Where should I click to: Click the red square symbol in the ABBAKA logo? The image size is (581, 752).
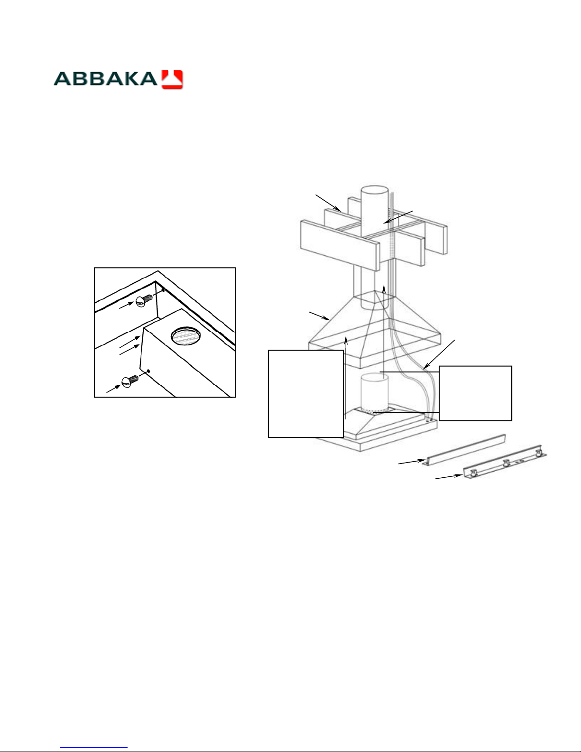coord(172,79)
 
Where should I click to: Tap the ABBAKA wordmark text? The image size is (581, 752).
coord(105,79)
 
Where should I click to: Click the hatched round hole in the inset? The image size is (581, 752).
coord(186,336)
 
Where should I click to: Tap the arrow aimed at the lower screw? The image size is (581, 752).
coord(113,389)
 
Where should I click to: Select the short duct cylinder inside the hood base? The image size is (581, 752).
coord(374,393)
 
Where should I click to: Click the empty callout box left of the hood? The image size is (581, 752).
coord(306,394)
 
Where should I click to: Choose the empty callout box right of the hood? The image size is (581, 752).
coord(475,393)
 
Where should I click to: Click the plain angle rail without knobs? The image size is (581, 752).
coord(464,450)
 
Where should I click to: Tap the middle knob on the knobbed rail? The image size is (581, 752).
coord(506,463)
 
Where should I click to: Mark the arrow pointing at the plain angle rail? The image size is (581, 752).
coord(412,462)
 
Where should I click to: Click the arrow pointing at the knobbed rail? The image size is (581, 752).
coord(449,477)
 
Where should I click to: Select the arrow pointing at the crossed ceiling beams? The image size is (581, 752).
coord(329,203)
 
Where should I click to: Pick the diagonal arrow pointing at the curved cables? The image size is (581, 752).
coord(439,354)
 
